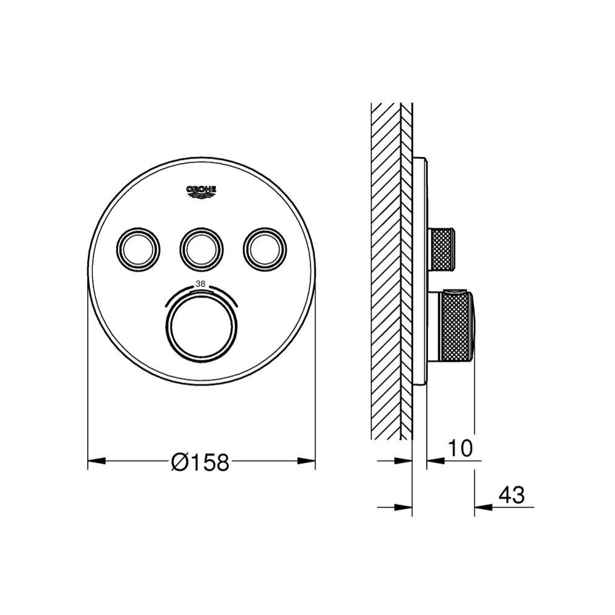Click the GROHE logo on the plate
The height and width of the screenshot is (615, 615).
point(201,192)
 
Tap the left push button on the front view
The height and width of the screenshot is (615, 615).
point(138,248)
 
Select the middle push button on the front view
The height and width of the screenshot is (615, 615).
point(202,248)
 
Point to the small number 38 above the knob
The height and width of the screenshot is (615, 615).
point(200,285)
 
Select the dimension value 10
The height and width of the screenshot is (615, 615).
point(460,448)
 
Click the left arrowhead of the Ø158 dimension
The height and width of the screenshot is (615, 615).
point(97,461)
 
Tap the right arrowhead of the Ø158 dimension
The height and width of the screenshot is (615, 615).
point(306,461)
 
